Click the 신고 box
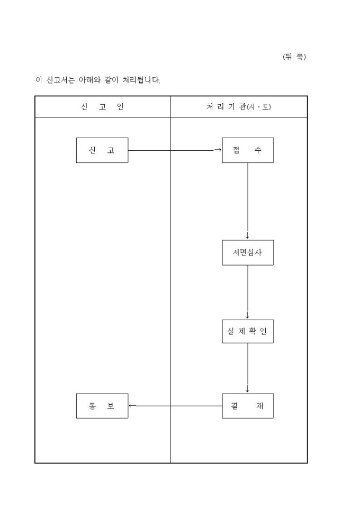tap(102, 150)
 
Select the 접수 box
tap(247, 150)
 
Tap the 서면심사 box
tap(247, 252)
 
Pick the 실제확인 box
tap(247, 331)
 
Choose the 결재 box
tap(247, 406)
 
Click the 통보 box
tap(102, 406)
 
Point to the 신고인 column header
tap(102, 107)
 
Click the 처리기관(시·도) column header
tap(239, 107)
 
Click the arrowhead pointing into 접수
tap(218, 150)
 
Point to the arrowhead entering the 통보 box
tap(131, 406)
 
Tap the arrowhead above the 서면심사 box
tap(247, 236)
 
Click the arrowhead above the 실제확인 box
tap(247, 315)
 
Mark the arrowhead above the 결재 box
tap(247, 389)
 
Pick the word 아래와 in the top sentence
tap(88, 80)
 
